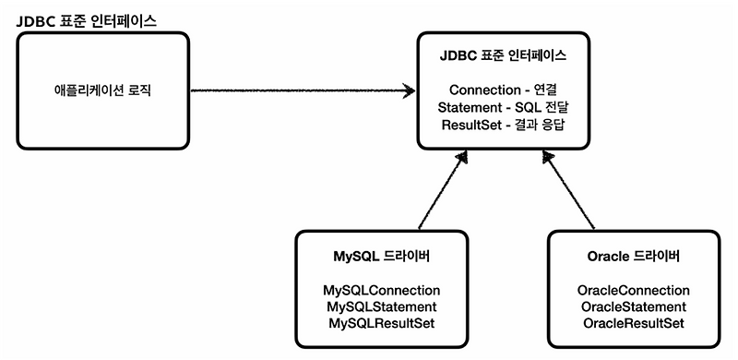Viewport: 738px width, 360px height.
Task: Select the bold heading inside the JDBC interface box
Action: (x=503, y=57)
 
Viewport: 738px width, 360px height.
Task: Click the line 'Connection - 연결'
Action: (x=503, y=90)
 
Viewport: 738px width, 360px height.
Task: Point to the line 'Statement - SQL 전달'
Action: (x=503, y=107)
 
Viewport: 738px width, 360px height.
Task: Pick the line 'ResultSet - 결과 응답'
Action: (x=503, y=124)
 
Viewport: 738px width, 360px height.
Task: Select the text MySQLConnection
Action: (x=381, y=289)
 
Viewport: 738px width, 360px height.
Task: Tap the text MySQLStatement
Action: (x=381, y=306)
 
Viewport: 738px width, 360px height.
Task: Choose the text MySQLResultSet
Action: (x=381, y=322)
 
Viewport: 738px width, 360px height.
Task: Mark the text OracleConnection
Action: (x=634, y=289)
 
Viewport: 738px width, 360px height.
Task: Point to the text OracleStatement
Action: (x=634, y=306)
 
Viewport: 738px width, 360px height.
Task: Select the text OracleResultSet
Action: (x=634, y=322)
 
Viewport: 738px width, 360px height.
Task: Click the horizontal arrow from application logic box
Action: (x=295, y=90)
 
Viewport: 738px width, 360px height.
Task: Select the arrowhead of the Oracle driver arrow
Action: (x=549, y=161)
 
